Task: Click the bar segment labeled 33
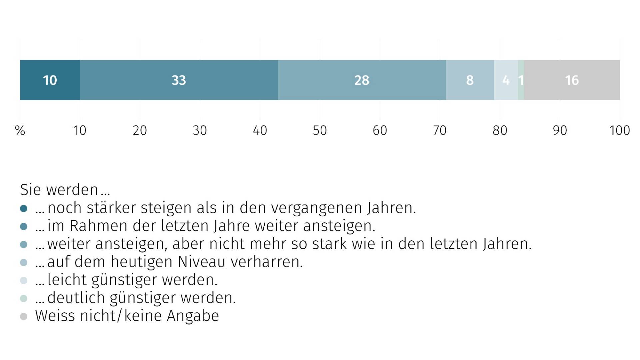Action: click(x=179, y=80)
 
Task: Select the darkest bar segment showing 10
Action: click(x=50, y=80)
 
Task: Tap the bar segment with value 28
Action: click(x=362, y=80)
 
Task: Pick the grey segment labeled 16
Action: click(x=572, y=80)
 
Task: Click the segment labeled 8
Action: click(x=470, y=80)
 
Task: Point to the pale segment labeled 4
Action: click(x=506, y=80)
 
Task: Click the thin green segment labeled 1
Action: click(x=521, y=80)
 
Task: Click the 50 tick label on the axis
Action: click(x=320, y=130)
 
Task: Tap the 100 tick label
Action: click(x=619, y=130)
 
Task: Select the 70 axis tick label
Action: click(x=440, y=130)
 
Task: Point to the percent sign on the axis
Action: click(x=20, y=130)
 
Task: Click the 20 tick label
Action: click(x=140, y=130)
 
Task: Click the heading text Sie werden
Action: click(x=65, y=190)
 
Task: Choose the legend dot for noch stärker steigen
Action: click(x=24, y=209)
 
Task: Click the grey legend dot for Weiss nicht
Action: click(x=24, y=316)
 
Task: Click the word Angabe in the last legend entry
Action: click(x=193, y=316)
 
